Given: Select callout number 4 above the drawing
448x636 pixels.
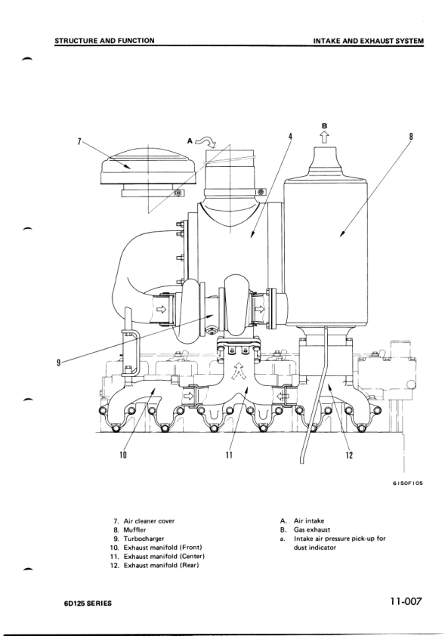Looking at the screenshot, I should tap(290, 137).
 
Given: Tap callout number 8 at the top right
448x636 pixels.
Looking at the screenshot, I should tap(411, 137).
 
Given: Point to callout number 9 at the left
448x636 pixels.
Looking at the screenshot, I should tap(59, 363).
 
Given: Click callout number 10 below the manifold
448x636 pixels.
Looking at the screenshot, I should tap(123, 455).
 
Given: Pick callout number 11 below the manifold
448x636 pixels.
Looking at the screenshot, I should tap(230, 455).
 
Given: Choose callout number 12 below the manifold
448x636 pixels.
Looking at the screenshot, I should tap(349, 455).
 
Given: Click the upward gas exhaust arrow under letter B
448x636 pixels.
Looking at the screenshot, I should tap(325, 137).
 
